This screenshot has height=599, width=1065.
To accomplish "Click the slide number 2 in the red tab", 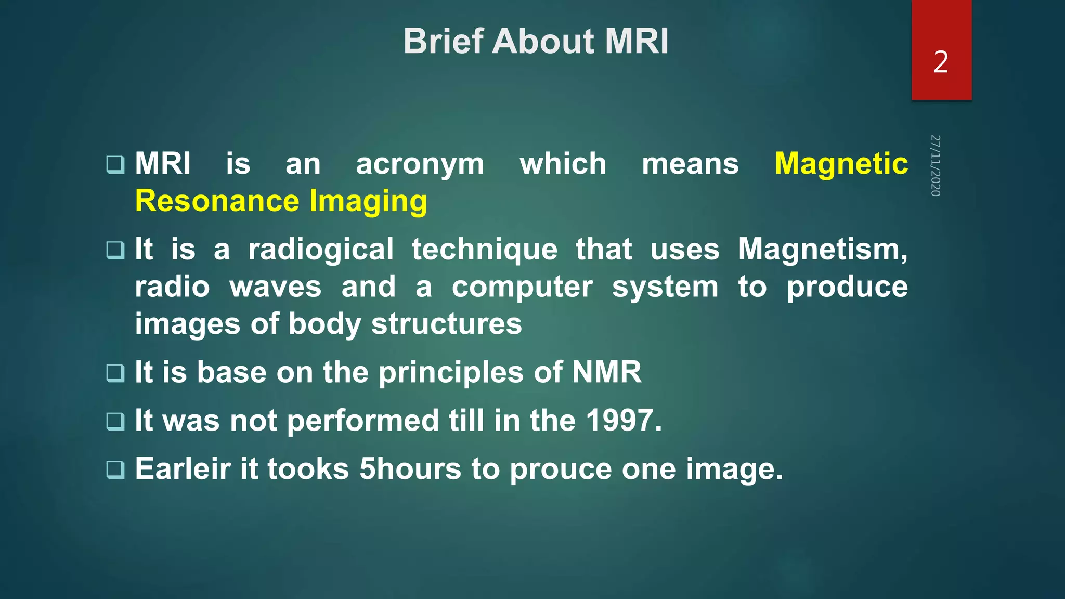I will point(941,62).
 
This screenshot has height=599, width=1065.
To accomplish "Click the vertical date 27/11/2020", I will point(936,165).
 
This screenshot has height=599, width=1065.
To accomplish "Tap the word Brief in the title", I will point(443,42).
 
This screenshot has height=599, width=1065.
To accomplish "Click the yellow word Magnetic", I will point(841,164).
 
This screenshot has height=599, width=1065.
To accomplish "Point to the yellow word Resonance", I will point(217,201).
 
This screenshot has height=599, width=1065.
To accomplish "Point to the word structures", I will point(446,324).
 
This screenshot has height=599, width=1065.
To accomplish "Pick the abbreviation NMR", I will point(607,372).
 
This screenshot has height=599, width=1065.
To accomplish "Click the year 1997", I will point(624,420).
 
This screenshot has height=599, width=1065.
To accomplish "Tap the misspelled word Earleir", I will point(183,468).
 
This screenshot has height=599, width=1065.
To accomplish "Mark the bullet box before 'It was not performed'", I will point(115,421).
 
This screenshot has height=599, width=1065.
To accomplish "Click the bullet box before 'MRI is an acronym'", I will point(115,165).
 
